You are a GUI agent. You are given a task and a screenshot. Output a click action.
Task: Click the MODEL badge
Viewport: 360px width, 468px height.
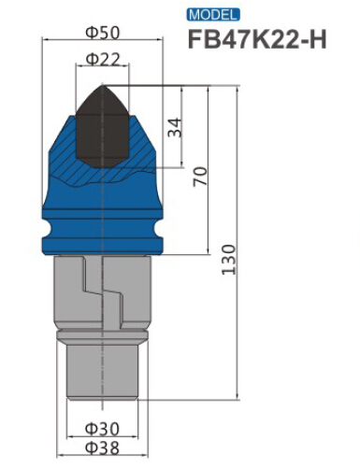(x=213, y=16)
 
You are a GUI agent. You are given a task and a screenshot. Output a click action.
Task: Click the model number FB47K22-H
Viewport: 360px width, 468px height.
(x=256, y=41)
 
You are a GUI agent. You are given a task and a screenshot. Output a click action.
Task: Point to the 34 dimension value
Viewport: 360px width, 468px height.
(x=175, y=128)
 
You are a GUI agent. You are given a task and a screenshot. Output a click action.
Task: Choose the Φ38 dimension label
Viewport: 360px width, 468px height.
(x=102, y=447)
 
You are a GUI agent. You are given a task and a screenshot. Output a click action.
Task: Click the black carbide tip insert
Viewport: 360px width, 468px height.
(x=100, y=126)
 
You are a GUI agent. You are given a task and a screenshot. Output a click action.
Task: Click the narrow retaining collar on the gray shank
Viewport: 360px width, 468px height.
(x=102, y=333)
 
